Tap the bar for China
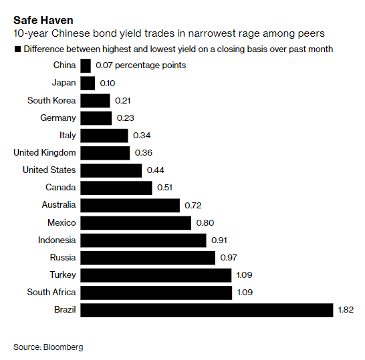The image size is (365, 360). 85,65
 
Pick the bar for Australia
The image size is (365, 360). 130,205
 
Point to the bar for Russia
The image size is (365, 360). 147,257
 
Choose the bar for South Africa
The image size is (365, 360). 156,293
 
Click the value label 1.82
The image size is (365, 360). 347,310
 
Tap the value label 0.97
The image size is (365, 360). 229,257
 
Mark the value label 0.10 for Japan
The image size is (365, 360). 107,83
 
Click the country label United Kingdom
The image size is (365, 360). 45,153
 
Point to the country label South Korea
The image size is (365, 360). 51,100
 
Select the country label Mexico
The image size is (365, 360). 62,222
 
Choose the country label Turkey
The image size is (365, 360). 63,275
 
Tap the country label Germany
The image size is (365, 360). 58,118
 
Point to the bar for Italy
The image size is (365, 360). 104,136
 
